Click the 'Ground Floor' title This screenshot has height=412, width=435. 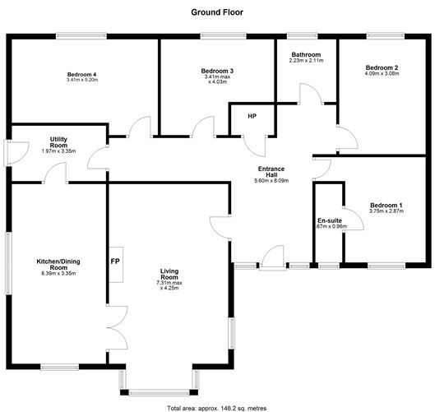(217, 12)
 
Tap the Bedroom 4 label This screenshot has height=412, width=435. (82, 74)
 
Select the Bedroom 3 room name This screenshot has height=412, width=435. (217, 72)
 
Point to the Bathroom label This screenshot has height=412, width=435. (307, 54)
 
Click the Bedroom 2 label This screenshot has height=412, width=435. (382, 67)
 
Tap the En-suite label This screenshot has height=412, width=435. (329, 221)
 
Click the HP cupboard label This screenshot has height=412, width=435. (252, 116)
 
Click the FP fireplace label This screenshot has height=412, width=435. (114, 262)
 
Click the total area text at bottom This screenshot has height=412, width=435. (217, 407)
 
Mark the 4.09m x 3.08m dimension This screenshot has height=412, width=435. (382, 74)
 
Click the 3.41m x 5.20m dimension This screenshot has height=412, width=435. (82, 80)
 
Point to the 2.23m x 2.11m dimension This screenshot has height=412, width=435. (307, 61)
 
